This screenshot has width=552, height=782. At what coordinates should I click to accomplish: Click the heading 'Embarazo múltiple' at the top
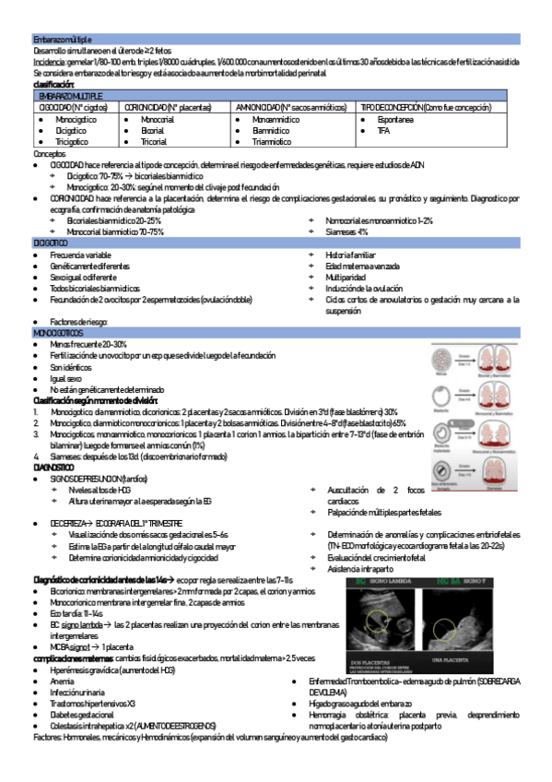(x=63, y=40)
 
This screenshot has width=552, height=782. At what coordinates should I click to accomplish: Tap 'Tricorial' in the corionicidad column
(x=154, y=142)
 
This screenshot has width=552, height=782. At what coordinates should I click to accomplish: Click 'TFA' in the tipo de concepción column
(x=383, y=131)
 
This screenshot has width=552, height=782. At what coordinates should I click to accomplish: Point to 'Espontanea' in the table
(x=396, y=120)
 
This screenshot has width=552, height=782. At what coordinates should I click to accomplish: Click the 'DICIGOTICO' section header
(x=51, y=242)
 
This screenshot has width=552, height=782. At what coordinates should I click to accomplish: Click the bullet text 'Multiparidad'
(x=346, y=277)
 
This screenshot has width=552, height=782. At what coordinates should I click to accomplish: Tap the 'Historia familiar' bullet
(x=351, y=254)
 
